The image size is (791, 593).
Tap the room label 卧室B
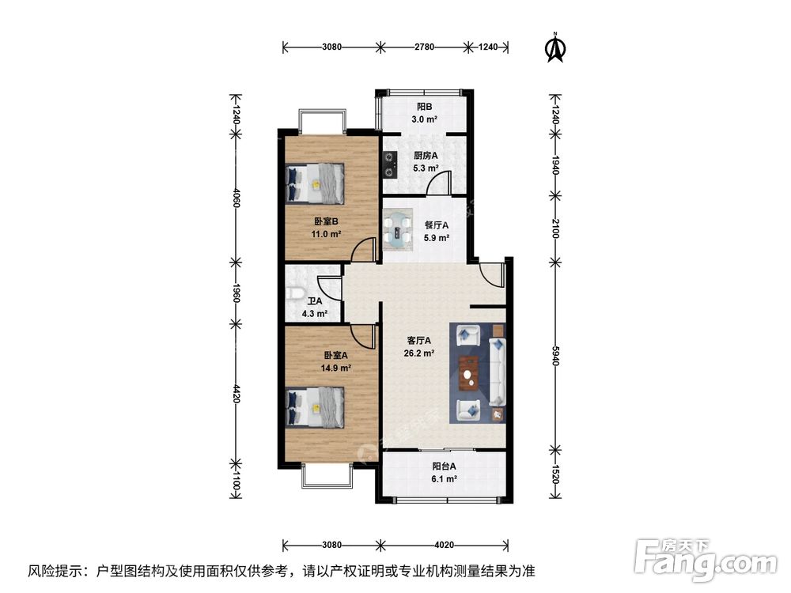tap(325, 221)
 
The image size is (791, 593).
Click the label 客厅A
tap(418, 341)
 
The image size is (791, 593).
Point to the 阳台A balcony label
tap(444, 466)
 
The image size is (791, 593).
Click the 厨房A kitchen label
tap(426, 155)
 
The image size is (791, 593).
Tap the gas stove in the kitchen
tap(389, 164)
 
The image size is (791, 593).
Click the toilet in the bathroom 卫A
tap(294, 293)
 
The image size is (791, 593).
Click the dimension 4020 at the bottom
tap(444, 544)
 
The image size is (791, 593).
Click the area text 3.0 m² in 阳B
tap(425, 119)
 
